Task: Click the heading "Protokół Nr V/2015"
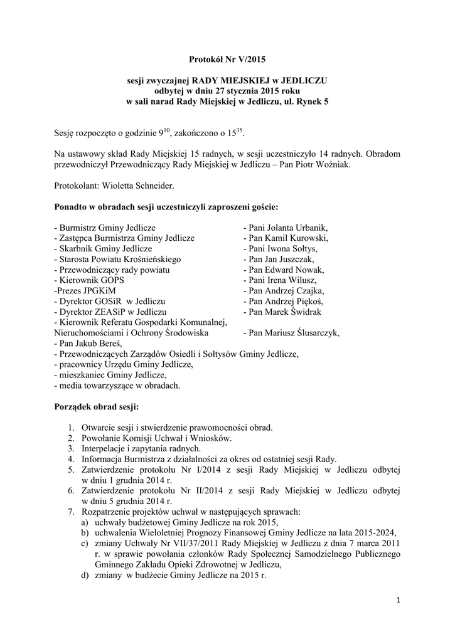point(227,60)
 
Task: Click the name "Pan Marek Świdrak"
point(285,312)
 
